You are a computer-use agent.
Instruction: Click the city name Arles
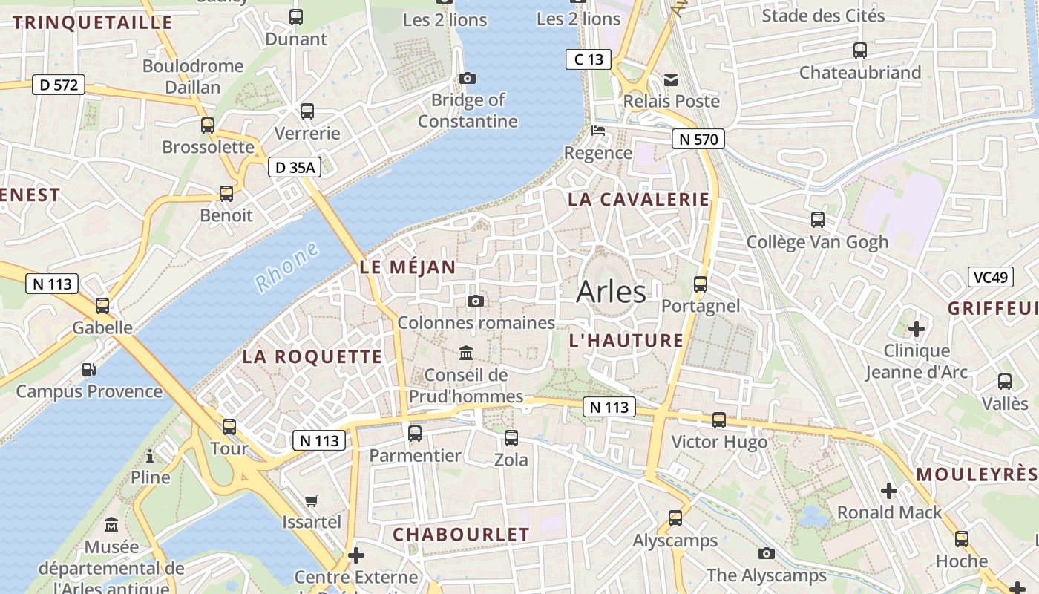[x=611, y=291]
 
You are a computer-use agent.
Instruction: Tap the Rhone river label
[x=286, y=266]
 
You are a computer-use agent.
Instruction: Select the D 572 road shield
[x=59, y=85]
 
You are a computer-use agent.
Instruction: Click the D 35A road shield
[x=295, y=168]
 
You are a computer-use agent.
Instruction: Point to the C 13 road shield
[x=589, y=59]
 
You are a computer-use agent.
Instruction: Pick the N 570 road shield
[x=698, y=138]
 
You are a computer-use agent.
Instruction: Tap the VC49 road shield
[x=991, y=278]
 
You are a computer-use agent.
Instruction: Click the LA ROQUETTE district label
[x=312, y=356]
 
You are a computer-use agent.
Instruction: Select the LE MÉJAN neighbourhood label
[x=407, y=267]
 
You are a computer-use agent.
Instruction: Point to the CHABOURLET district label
[x=461, y=535]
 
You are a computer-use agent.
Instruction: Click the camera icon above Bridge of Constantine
[x=468, y=78]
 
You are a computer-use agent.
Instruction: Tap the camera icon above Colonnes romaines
[x=476, y=301]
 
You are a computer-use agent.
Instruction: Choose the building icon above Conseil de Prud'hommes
[x=466, y=352]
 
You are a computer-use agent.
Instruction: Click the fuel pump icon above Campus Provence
[x=88, y=369]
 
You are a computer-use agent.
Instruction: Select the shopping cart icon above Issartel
[x=312, y=500]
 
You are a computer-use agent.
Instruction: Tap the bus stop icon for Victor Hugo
[x=718, y=420]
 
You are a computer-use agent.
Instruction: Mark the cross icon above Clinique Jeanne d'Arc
[x=917, y=328]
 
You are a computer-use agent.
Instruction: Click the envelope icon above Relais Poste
[x=671, y=79]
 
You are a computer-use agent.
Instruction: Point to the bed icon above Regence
[x=598, y=131]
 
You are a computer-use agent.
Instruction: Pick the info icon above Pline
[x=150, y=455]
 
